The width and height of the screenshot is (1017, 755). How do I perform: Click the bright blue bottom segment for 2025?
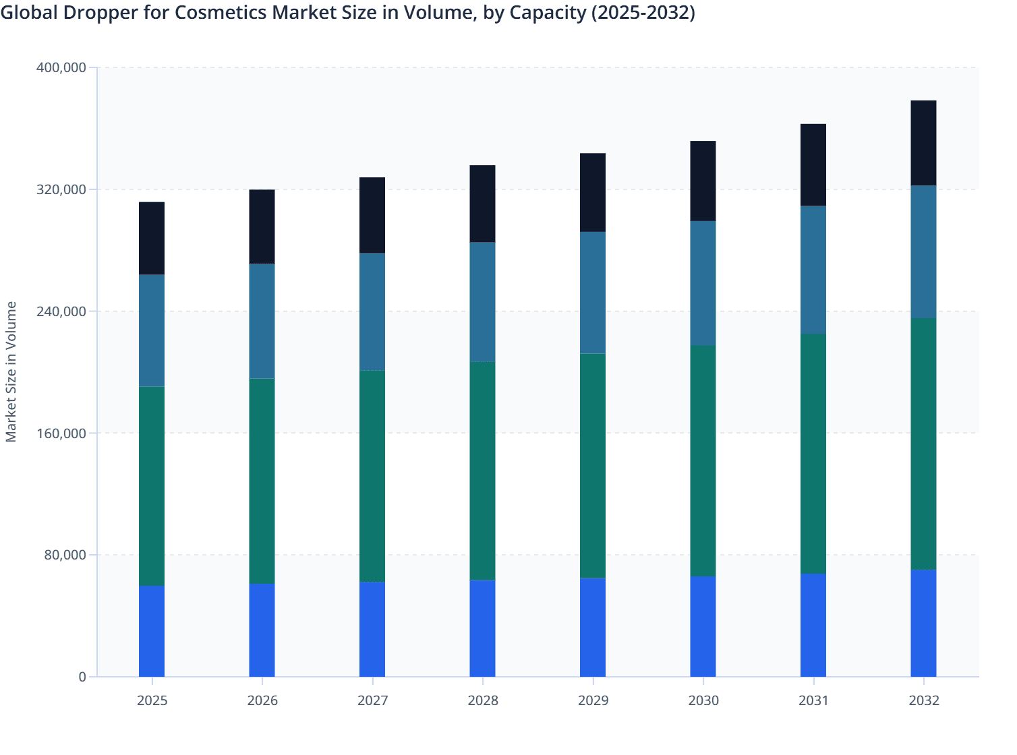[x=152, y=631]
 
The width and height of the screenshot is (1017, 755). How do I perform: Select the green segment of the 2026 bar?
[x=262, y=481]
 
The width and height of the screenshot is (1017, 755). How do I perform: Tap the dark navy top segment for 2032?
[x=923, y=143]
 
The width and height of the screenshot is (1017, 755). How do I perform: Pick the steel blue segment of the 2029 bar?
[x=593, y=293]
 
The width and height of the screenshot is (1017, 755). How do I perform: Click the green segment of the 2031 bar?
[x=813, y=454]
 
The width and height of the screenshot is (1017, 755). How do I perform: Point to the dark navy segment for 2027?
[x=372, y=215]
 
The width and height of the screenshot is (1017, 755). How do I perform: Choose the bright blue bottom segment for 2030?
[x=703, y=626]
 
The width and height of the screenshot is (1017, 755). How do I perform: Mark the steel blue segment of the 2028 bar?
[x=482, y=302]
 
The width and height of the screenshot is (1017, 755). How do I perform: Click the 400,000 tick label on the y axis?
[x=61, y=67]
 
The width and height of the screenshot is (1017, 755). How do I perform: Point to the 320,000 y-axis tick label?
[x=61, y=189]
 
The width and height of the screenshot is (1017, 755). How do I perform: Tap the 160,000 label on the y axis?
[x=61, y=433]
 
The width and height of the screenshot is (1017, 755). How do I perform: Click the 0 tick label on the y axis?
[x=82, y=677]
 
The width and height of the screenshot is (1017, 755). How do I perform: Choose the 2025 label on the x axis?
[x=152, y=700]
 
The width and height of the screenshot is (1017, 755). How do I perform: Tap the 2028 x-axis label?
[x=482, y=700]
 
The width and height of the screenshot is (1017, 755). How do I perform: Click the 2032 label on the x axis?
[x=923, y=700]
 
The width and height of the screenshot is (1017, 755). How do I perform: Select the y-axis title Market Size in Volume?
[x=11, y=371]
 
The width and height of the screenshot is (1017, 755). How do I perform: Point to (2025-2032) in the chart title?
[x=643, y=13]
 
